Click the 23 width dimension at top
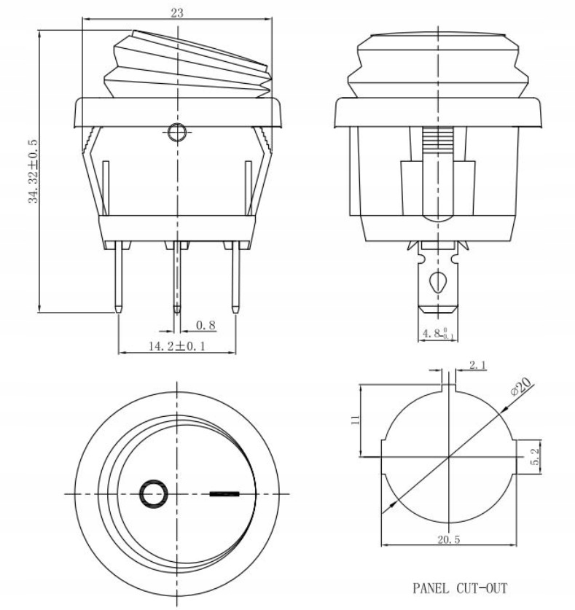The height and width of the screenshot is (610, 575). [x=176, y=12]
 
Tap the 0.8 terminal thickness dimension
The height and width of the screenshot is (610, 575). [x=207, y=325]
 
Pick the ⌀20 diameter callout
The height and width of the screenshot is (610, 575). [x=522, y=388]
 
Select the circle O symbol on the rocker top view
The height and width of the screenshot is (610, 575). [x=152, y=493]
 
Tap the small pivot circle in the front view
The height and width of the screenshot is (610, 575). [x=176, y=133]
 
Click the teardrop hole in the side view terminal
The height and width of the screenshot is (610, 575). [x=437, y=281]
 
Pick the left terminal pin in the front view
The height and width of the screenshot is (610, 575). [x=118, y=280]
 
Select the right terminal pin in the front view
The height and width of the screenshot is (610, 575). [x=235, y=280]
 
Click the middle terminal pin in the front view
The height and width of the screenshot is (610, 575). [x=176, y=280]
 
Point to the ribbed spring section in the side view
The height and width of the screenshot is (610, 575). [x=437, y=138]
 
